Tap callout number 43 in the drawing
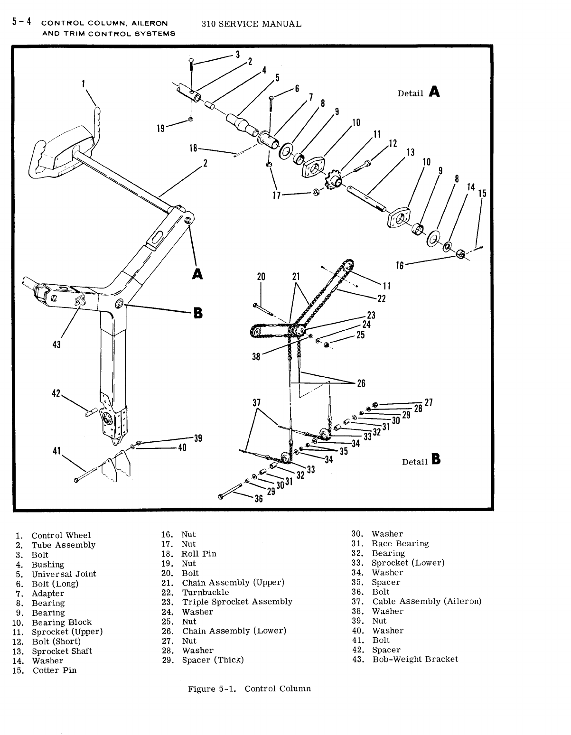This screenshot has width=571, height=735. pyautogui.click(x=56, y=344)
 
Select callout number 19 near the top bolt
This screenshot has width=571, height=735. pyautogui.click(x=161, y=128)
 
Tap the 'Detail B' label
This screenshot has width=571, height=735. pyautogui.click(x=421, y=461)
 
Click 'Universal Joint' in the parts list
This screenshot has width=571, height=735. pyautogui.click(x=64, y=574)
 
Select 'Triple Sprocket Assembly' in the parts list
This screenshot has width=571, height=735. pyautogui.click(x=237, y=602)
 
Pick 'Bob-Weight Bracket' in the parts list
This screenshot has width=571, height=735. pyautogui.click(x=415, y=659)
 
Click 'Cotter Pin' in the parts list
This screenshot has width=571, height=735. pyautogui.click(x=54, y=670)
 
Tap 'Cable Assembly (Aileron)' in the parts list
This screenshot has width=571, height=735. pyautogui.click(x=427, y=602)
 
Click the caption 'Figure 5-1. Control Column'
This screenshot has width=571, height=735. pyautogui.click(x=249, y=688)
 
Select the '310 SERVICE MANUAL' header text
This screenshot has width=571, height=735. pyautogui.click(x=251, y=24)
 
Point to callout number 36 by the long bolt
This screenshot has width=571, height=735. pyautogui.click(x=259, y=499)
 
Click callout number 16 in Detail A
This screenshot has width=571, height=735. pyautogui.click(x=400, y=265)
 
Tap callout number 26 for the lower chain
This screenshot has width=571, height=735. pyautogui.click(x=361, y=383)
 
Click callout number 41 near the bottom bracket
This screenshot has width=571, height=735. pyautogui.click(x=57, y=451)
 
